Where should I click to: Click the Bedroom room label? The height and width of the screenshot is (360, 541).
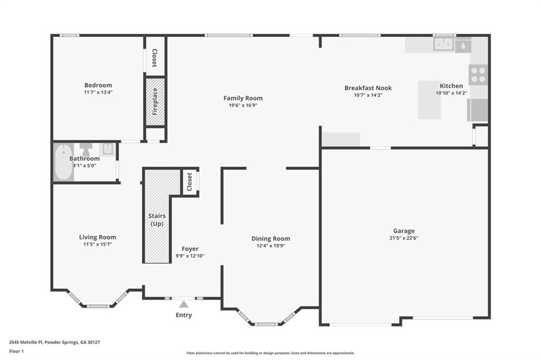coord(98,85)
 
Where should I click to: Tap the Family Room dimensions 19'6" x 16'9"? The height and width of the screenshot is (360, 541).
coord(243,105)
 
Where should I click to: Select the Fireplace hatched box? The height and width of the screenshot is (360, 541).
coord(155,102)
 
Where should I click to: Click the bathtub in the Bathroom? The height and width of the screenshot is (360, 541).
coord(63,162)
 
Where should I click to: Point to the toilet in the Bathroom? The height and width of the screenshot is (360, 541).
coord(86,149)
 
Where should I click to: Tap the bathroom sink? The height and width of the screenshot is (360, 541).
coord(107,149)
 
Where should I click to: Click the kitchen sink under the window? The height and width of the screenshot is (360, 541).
coord(443,44)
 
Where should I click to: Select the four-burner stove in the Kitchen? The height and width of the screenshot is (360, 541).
coord(478,75)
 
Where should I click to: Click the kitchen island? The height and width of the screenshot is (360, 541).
coord(429,100)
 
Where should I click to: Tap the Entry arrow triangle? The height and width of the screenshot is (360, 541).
coord(183,304)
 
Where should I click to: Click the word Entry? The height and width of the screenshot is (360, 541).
coord(183,315)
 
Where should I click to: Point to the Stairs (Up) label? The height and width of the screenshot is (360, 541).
coord(157,220)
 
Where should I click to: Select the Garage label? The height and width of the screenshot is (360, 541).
coord(404,231)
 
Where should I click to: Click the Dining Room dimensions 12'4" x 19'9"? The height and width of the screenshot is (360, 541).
coord(270,246)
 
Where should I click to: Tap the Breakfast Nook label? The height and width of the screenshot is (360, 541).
coord(368,88)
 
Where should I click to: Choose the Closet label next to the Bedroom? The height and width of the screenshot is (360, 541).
coord(155,58)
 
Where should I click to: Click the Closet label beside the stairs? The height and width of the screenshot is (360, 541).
coord(190,182)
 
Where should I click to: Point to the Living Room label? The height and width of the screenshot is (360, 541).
coord(98,237)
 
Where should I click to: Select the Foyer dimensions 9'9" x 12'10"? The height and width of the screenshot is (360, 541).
coord(190,256)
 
